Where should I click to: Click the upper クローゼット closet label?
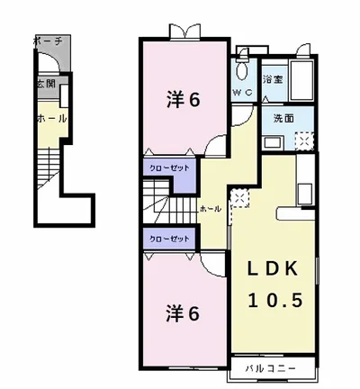click(x=168, y=167)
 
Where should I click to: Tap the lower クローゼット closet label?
click(x=168, y=238)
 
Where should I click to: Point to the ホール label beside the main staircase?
click(x=211, y=209)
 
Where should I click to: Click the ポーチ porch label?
click(x=46, y=42)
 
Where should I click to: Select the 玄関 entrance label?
click(x=45, y=84)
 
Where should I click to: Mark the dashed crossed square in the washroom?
click(x=304, y=140)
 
